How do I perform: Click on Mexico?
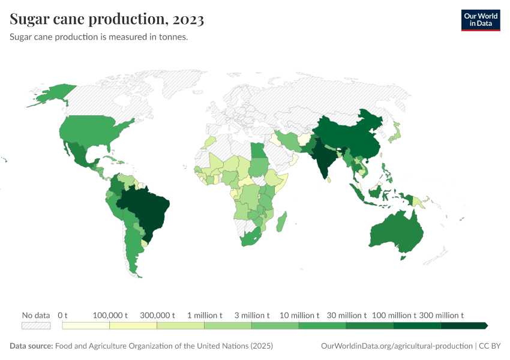point(81,156)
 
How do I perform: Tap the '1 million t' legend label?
point(204,315)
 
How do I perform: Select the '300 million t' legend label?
point(441,315)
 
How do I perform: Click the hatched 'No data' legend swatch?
point(35,325)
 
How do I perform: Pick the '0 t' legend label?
point(62,315)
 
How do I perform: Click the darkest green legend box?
point(463,325)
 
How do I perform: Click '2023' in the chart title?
point(188,19)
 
